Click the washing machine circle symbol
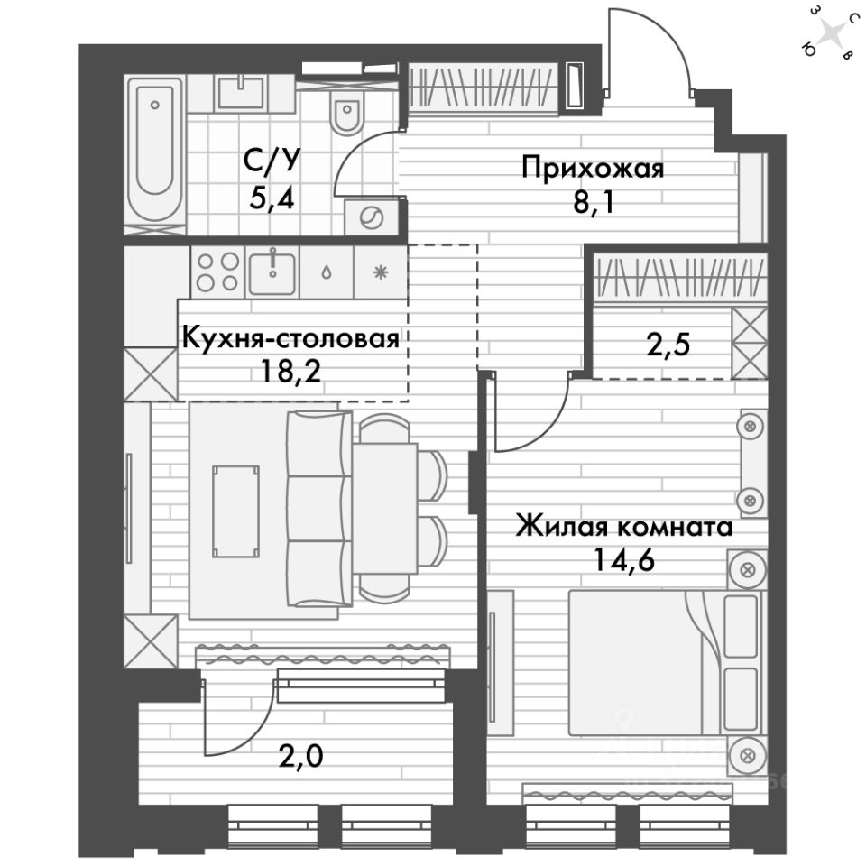click(371, 216)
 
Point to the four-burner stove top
click(217, 270)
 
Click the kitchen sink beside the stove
click(272, 270)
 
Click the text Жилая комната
click(623, 527)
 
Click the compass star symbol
click(834, 35)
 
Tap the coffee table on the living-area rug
click(235, 512)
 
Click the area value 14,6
click(623, 560)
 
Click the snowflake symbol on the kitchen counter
click(380, 270)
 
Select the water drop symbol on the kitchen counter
click(326, 270)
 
